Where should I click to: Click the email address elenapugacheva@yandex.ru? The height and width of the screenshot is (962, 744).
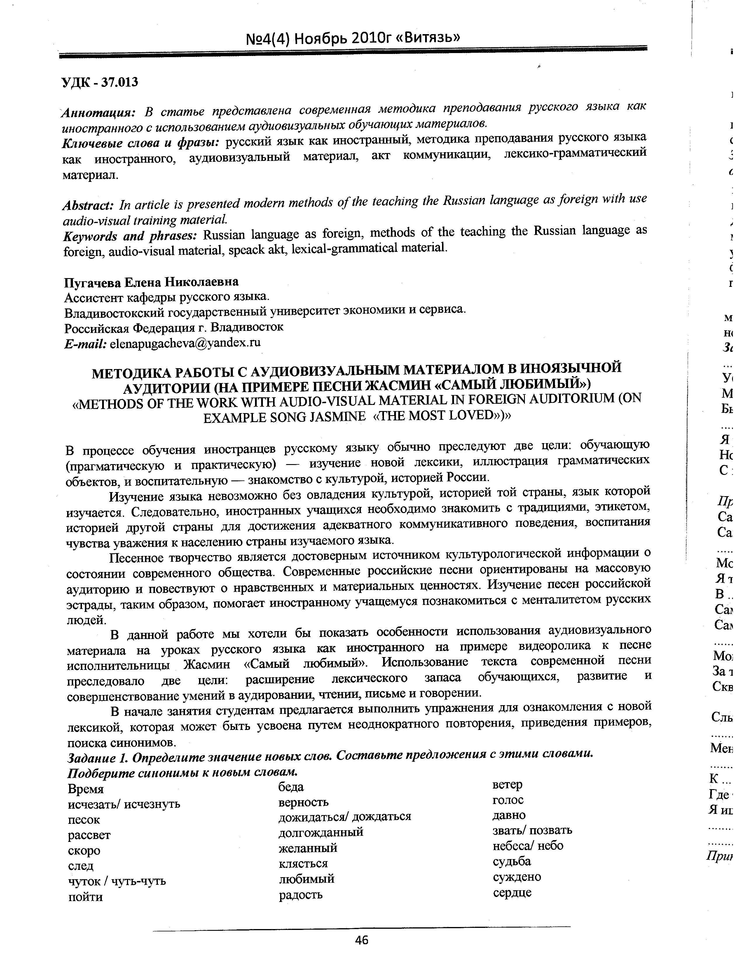click(x=185, y=343)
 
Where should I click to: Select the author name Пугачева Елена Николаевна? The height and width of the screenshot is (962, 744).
click(x=151, y=282)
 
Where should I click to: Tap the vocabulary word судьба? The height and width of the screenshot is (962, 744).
click(x=512, y=861)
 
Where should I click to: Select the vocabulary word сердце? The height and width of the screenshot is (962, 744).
click(x=512, y=892)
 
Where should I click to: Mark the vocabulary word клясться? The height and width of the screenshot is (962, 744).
click(x=303, y=863)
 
